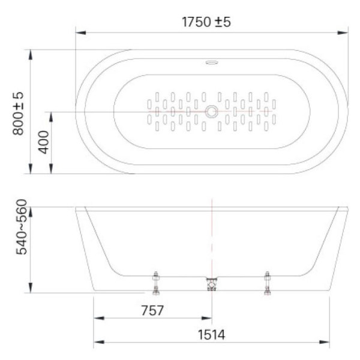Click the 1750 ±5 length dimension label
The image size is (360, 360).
206,22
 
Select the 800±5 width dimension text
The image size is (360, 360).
18,113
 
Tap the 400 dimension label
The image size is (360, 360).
44,142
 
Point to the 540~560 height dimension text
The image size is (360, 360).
22,227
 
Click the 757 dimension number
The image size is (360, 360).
152,310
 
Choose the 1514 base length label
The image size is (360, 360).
211,335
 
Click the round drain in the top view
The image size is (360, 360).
211,112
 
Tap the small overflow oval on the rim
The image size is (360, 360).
212,62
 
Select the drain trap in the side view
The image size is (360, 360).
212,284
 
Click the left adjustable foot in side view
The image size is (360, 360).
156,283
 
